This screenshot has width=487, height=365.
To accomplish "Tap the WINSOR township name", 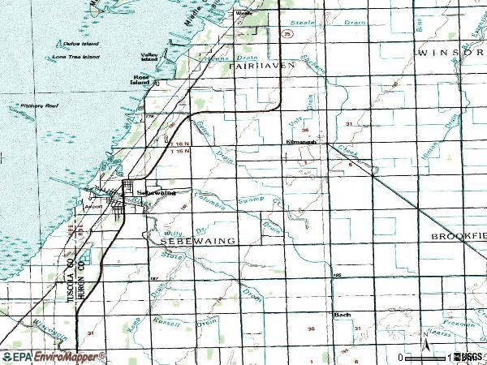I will pyautogui.click(x=450, y=52).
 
